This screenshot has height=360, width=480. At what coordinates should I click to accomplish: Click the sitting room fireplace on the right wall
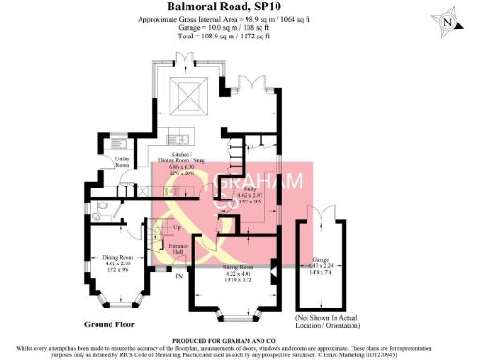274,276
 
